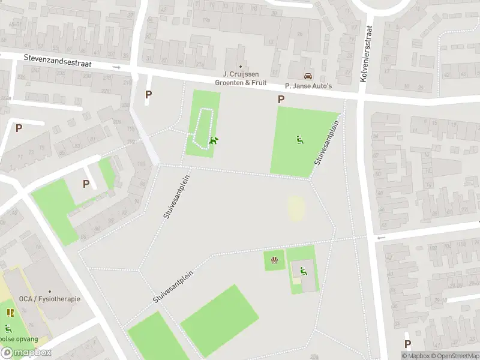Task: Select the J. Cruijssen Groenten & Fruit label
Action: [241, 79]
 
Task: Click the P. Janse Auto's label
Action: [308, 86]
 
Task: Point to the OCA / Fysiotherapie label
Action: [49, 299]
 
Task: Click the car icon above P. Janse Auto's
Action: [308, 76]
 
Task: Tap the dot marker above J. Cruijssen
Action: [241, 67]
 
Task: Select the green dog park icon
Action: [213, 142]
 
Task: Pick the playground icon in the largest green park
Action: [299, 140]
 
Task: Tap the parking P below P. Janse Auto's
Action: [281, 100]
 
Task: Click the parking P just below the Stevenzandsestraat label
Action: [149, 94]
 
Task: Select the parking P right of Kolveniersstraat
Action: [408, 344]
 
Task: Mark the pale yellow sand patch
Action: [296, 209]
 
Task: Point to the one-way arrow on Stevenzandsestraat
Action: [117, 67]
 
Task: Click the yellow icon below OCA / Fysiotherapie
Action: [10, 313]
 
